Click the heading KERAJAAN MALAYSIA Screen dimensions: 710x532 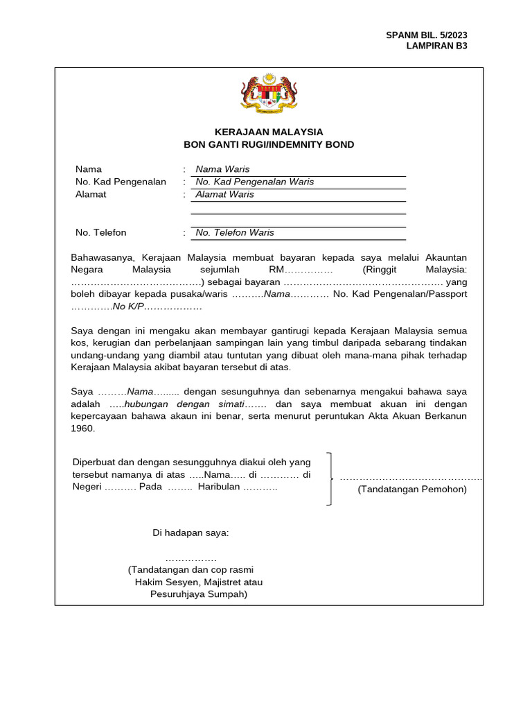point(269,132)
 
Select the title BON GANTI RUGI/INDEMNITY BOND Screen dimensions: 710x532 point(269,145)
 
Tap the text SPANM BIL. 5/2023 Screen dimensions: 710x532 point(432,35)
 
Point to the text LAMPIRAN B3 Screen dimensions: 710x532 point(436,46)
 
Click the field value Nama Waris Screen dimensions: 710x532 point(222,169)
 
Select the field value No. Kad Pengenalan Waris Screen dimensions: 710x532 point(254,182)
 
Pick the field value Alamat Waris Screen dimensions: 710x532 point(224,194)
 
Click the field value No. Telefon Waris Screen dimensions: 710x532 point(235,232)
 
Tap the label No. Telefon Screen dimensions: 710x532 point(101,232)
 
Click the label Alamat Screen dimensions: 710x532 point(91,194)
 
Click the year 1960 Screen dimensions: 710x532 point(82,428)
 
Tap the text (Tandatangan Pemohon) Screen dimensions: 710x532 point(412,489)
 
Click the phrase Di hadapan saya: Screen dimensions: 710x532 point(190,532)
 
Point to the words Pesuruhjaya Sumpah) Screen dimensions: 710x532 point(199,594)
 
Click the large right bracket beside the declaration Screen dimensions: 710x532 point(330,478)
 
